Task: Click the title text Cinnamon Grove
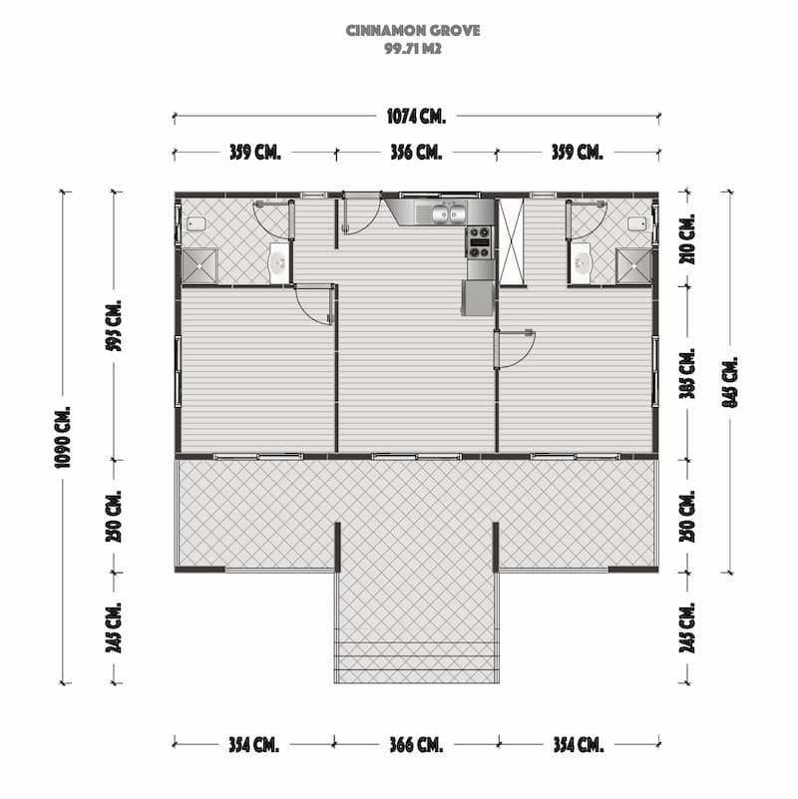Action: (x=413, y=31)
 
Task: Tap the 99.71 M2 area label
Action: (x=413, y=49)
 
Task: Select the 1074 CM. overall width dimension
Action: (x=416, y=116)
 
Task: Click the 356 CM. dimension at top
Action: (x=416, y=152)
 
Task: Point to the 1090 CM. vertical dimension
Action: (x=64, y=437)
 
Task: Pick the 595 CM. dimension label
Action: (x=114, y=325)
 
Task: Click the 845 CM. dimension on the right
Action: (x=730, y=382)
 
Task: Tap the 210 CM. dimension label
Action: (x=687, y=239)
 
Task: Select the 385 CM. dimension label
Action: (x=687, y=373)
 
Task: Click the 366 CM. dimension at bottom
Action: (x=416, y=745)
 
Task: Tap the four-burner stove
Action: (x=480, y=242)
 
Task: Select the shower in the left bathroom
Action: (x=199, y=266)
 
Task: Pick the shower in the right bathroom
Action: (x=633, y=266)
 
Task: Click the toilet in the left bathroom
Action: (x=197, y=223)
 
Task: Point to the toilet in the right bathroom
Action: (x=637, y=223)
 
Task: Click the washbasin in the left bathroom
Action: (x=278, y=263)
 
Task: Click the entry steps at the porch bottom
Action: (x=416, y=662)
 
